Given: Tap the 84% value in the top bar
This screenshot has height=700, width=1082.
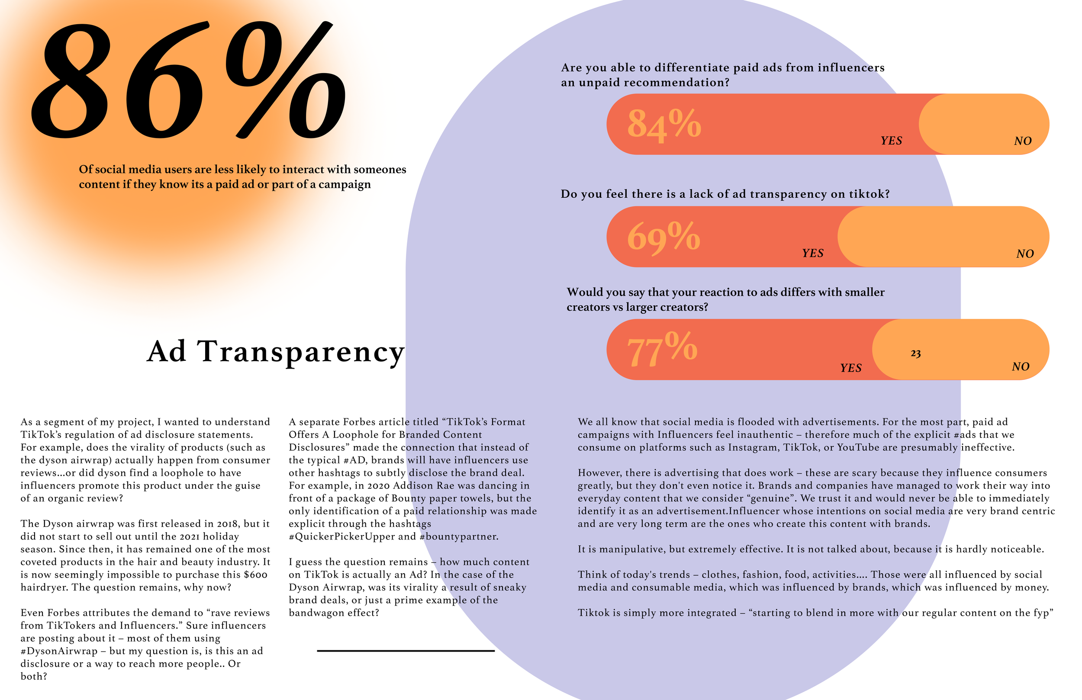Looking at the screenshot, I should (664, 124).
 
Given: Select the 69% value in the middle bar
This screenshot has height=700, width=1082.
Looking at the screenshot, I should (663, 237).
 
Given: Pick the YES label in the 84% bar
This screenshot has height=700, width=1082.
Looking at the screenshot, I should (891, 141).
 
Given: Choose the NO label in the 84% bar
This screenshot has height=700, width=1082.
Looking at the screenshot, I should (1022, 141).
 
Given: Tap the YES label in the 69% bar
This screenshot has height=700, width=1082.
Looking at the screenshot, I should (812, 254).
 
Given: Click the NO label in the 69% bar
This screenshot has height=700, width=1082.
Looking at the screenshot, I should (1025, 254).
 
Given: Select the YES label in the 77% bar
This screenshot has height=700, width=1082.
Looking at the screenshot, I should (850, 368).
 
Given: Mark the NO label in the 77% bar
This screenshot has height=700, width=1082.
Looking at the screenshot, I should (1020, 367).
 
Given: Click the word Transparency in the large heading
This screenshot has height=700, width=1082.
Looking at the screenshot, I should (300, 353).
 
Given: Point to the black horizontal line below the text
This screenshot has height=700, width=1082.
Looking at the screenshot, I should (406, 651).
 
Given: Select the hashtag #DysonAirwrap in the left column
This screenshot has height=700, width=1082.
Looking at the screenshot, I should (59, 652).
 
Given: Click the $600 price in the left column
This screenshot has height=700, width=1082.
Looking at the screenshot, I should (255, 575).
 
